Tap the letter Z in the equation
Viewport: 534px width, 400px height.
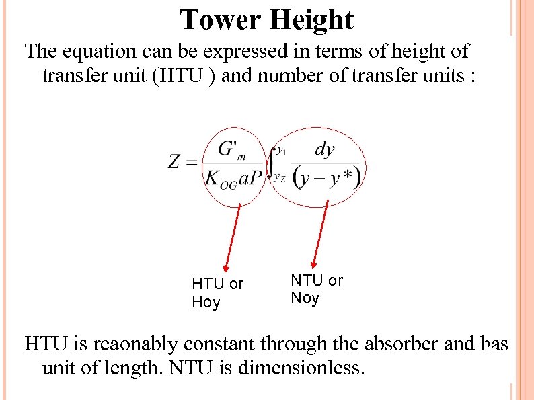(x=174, y=162)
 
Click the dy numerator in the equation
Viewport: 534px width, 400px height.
(x=325, y=149)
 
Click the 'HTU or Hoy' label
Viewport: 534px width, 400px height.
(x=217, y=293)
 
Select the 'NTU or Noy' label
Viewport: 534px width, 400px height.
(x=317, y=289)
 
